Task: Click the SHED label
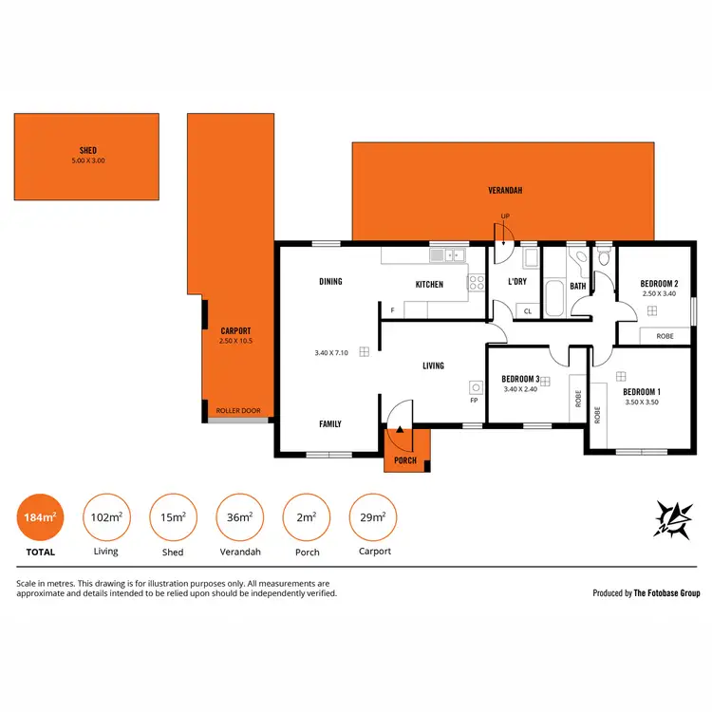(x=88, y=150)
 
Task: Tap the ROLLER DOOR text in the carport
(x=238, y=411)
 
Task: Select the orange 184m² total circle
(x=40, y=517)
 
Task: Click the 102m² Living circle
(x=106, y=517)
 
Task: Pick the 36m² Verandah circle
(x=239, y=517)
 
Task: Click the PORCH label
(x=406, y=460)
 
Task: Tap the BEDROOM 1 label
(x=642, y=391)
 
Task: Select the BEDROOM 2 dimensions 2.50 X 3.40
(x=658, y=294)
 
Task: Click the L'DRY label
(x=517, y=282)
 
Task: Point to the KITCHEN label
(x=429, y=285)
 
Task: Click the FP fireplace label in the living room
(x=474, y=400)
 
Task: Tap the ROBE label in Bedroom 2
(x=665, y=335)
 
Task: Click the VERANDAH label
(x=505, y=191)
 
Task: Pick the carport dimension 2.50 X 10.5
(x=235, y=341)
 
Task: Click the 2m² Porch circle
(x=306, y=517)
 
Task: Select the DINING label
(x=330, y=282)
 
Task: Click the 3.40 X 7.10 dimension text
(x=331, y=353)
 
